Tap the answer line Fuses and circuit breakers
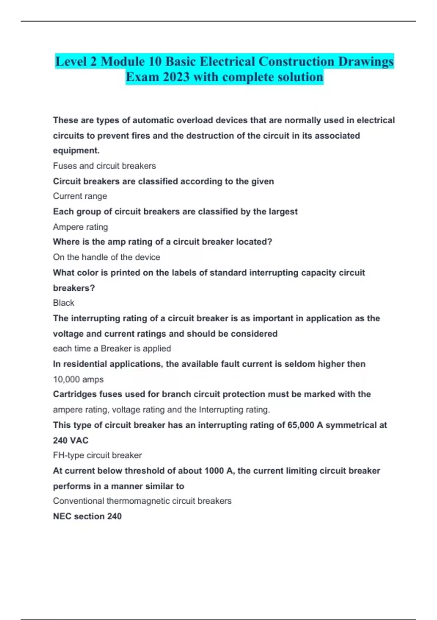(x=104, y=166)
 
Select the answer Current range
(x=80, y=196)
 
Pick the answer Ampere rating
(x=80, y=227)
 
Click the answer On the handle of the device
(x=106, y=257)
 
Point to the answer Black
(x=63, y=303)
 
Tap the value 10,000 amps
(x=78, y=379)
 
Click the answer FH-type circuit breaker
(x=97, y=455)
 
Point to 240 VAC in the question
(x=71, y=441)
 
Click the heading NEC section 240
(x=87, y=516)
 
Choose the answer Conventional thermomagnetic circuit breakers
(x=142, y=501)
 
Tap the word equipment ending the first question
(x=76, y=151)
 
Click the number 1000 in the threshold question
(x=214, y=471)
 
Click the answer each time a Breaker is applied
(x=112, y=348)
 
